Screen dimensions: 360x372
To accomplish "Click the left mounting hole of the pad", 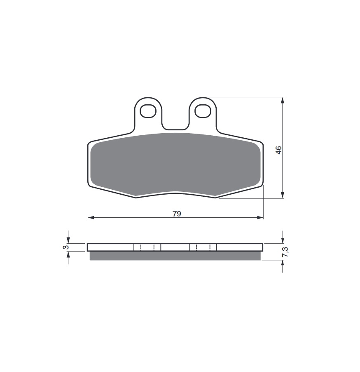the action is (148, 111).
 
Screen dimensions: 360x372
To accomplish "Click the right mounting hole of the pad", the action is (203, 111).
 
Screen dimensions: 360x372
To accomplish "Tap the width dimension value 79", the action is (177, 214).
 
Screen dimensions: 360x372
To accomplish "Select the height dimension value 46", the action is (279, 150).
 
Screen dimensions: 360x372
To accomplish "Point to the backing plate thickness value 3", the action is (65, 247).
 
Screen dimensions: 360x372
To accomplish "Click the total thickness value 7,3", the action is (285, 252).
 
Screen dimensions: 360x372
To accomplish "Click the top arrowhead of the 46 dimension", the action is (282, 100).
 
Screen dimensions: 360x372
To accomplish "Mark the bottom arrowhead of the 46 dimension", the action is (282, 195).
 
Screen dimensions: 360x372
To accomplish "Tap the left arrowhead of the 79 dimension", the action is (91, 217).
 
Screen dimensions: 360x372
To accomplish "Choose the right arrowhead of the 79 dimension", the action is (260, 217).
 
